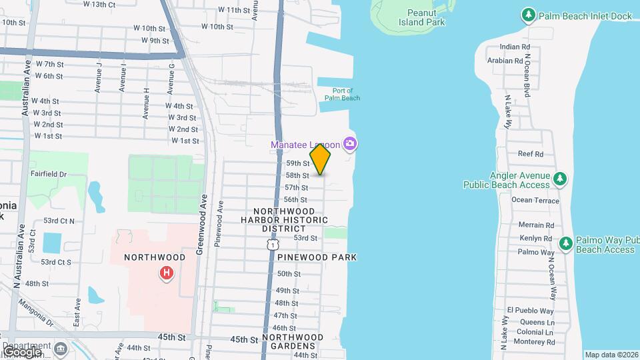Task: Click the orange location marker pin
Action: tap(321, 159)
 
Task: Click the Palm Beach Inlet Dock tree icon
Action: tap(528, 15)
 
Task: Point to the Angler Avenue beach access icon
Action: tap(561, 178)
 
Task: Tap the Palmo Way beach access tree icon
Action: tap(566, 243)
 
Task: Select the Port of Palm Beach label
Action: tap(342, 94)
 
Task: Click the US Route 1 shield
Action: tap(273, 246)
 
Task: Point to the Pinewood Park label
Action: tap(317, 257)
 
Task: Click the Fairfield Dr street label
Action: tap(49, 174)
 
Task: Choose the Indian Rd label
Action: tap(515, 47)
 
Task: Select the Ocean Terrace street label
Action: tap(535, 200)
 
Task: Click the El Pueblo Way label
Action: tap(530, 311)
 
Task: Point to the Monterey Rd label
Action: tap(531, 341)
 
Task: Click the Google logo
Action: tap(21, 351)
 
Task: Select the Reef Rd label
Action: tap(531, 154)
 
